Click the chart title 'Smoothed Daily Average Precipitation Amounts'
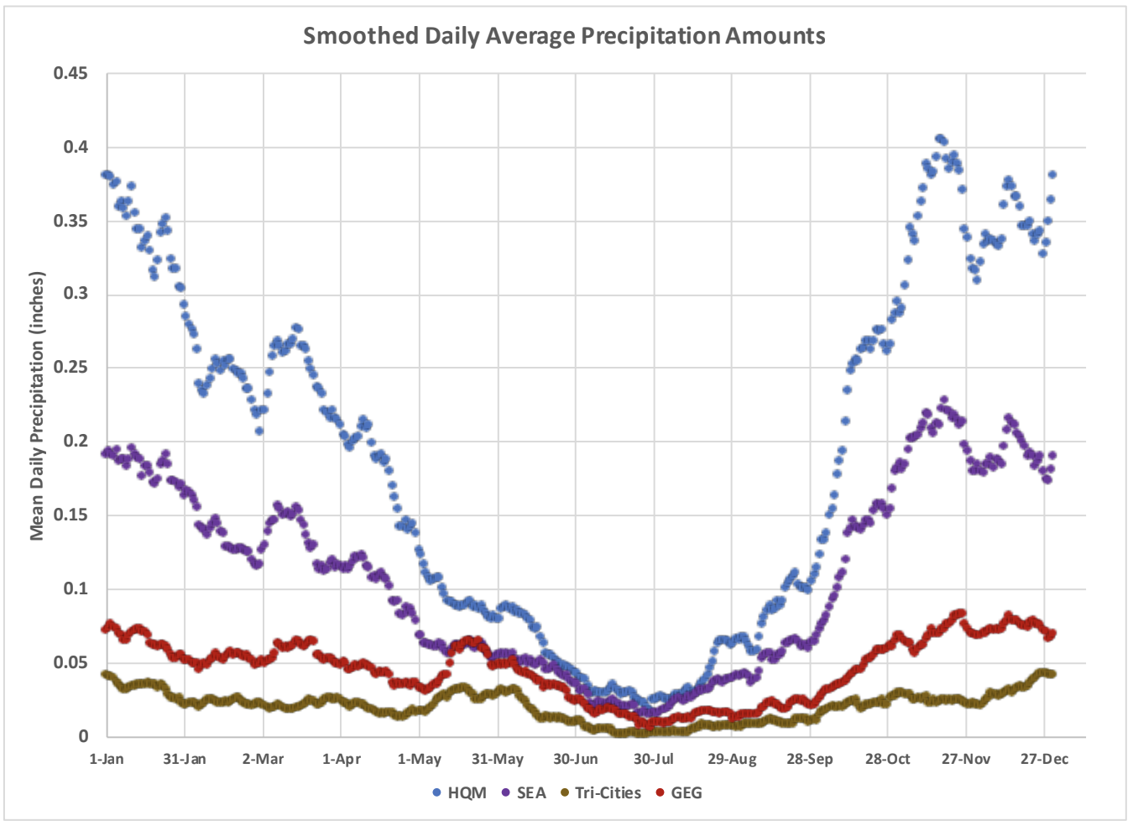click(564, 36)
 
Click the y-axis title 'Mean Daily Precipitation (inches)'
click(37, 405)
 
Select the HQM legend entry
click(459, 793)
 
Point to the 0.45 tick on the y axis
click(70, 74)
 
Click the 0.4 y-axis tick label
click(75, 148)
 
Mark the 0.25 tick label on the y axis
click(70, 368)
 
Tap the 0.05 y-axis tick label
click(70, 662)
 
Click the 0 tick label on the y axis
click(83, 736)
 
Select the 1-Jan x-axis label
click(107, 760)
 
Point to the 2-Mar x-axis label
click(263, 760)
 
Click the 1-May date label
click(419, 760)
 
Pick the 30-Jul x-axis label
click(653, 760)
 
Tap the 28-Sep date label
click(809, 760)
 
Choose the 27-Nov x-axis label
click(965, 760)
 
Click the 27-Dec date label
click(1044, 760)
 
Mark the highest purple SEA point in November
click(944, 400)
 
